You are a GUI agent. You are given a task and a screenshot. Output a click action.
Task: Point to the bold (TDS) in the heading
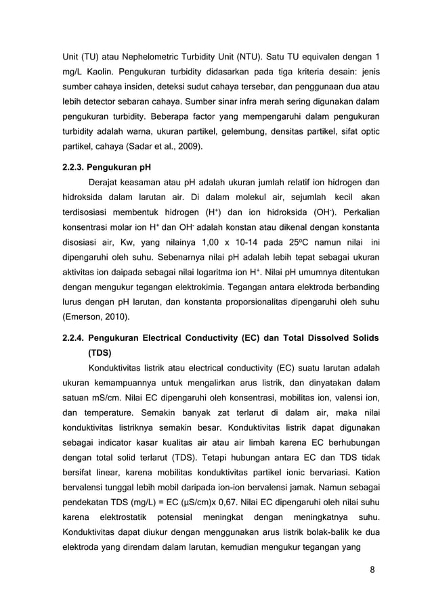[101, 352]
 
